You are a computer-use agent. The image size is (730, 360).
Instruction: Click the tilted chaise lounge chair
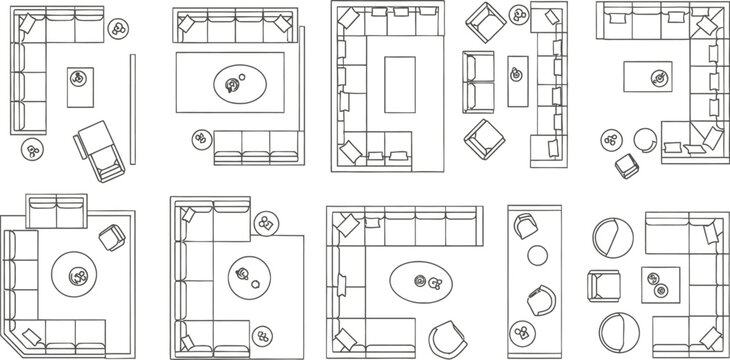(x=100, y=148)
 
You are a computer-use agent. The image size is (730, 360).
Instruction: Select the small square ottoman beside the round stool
(x=626, y=165)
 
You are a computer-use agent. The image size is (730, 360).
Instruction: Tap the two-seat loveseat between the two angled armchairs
(x=478, y=82)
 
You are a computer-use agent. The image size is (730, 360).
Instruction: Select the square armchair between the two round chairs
(x=606, y=286)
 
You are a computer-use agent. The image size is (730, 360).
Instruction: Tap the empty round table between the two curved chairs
(x=538, y=256)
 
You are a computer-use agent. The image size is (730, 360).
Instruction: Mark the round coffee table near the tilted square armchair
(x=75, y=272)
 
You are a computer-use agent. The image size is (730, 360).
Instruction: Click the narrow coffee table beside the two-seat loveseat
(x=517, y=80)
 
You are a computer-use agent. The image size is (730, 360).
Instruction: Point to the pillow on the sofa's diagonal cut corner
(x=32, y=334)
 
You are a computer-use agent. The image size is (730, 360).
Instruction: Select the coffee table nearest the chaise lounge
(x=80, y=86)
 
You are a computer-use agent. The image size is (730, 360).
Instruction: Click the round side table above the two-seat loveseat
(x=520, y=15)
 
